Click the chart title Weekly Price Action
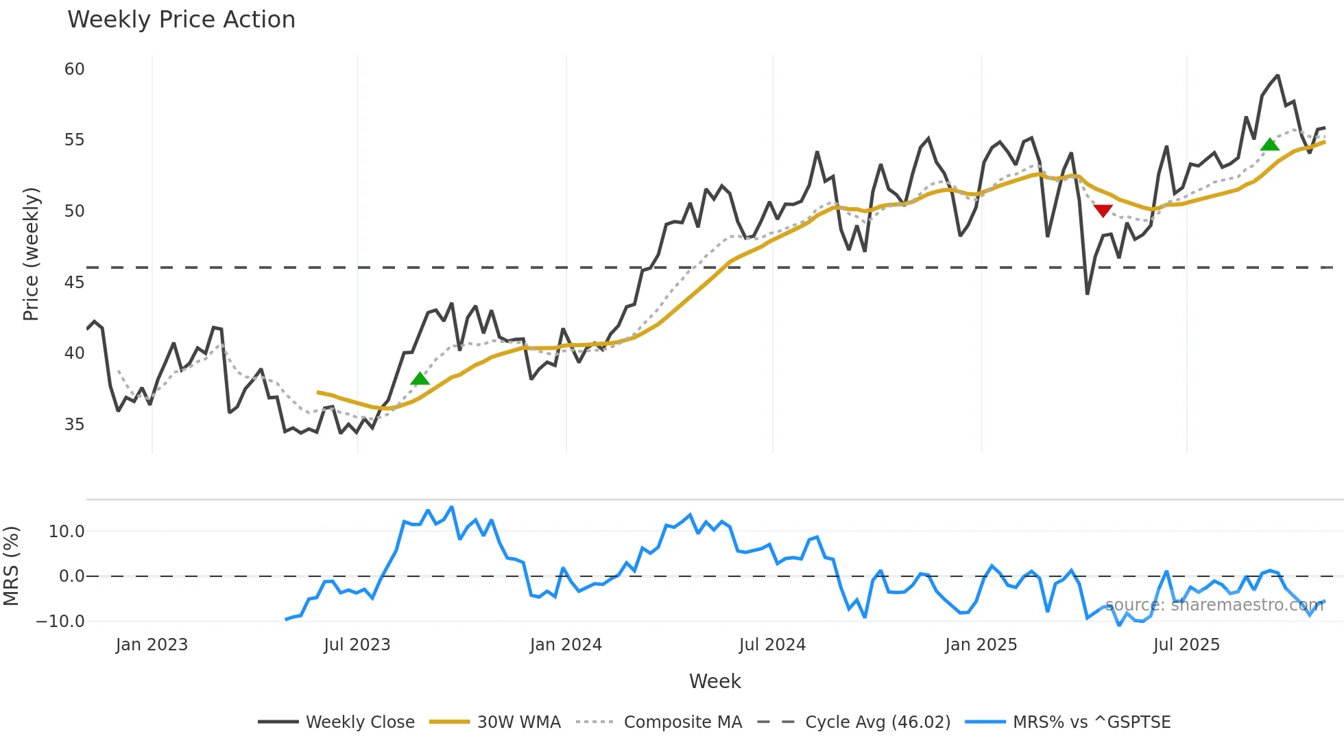(181, 20)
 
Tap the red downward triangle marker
(1103, 210)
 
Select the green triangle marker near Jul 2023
(420, 379)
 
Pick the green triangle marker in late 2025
(1270, 144)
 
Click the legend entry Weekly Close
(337, 722)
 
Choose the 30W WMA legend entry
(495, 722)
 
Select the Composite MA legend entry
(659, 722)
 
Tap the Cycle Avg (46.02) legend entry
(854, 722)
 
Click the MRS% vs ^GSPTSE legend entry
(1068, 722)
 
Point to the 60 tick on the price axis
(74, 69)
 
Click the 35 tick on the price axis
(74, 425)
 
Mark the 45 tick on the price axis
(74, 283)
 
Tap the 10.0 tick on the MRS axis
(67, 532)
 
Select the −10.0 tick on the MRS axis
(60, 622)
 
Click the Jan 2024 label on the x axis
(566, 645)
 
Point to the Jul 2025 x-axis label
(1186, 645)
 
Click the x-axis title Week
(715, 681)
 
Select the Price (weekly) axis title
(31, 255)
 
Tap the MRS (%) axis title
(11, 566)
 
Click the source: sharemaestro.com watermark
(1214, 605)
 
